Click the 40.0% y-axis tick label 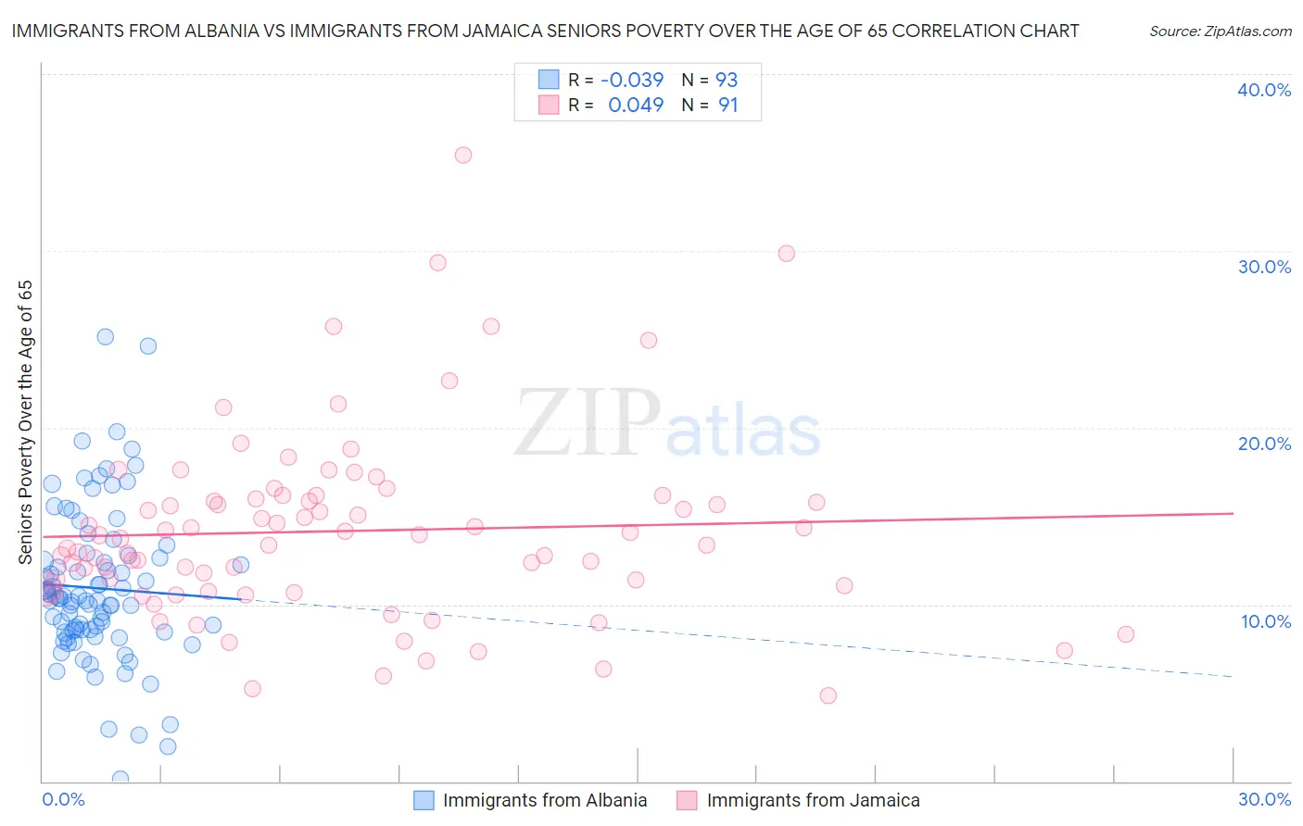(x=1264, y=90)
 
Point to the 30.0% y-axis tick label (x=1264, y=267)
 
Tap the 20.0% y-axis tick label (x=1264, y=444)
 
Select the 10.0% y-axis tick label (x=1266, y=621)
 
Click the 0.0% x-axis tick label (x=63, y=799)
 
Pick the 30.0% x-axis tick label (x=1264, y=799)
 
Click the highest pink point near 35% (x=463, y=155)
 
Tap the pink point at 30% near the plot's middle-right (x=787, y=253)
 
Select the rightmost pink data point (x=1126, y=634)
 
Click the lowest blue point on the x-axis (x=120, y=779)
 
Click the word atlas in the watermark (x=743, y=432)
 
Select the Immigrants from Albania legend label (x=545, y=800)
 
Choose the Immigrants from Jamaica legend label (x=813, y=800)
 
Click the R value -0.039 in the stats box (x=632, y=80)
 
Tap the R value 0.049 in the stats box (x=636, y=106)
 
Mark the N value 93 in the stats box (x=727, y=80)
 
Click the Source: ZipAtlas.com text (x=1221, y=31)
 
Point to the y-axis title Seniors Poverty (x=25, y=422)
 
